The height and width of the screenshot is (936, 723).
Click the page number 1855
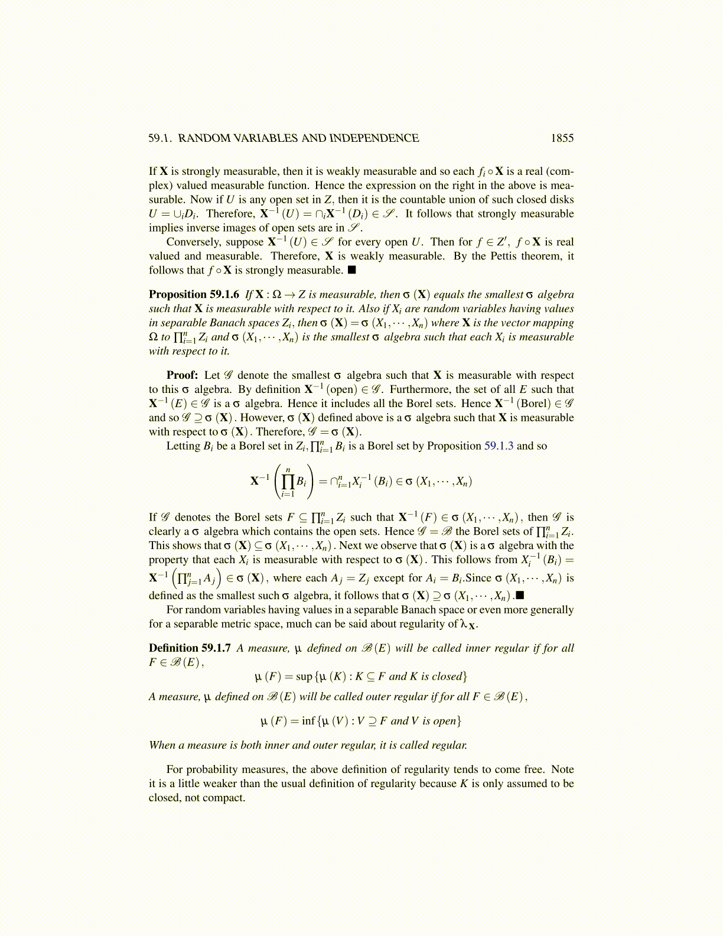click(562, 138)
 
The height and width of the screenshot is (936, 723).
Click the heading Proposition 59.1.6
click(194, 294)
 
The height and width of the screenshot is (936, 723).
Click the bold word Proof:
click(182, 375)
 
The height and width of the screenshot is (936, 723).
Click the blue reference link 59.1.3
click(499, 446)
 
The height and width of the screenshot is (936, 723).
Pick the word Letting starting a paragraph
click(183, 446)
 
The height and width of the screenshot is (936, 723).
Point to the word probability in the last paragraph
click(216, 769)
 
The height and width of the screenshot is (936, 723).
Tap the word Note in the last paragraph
click(562, 769)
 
